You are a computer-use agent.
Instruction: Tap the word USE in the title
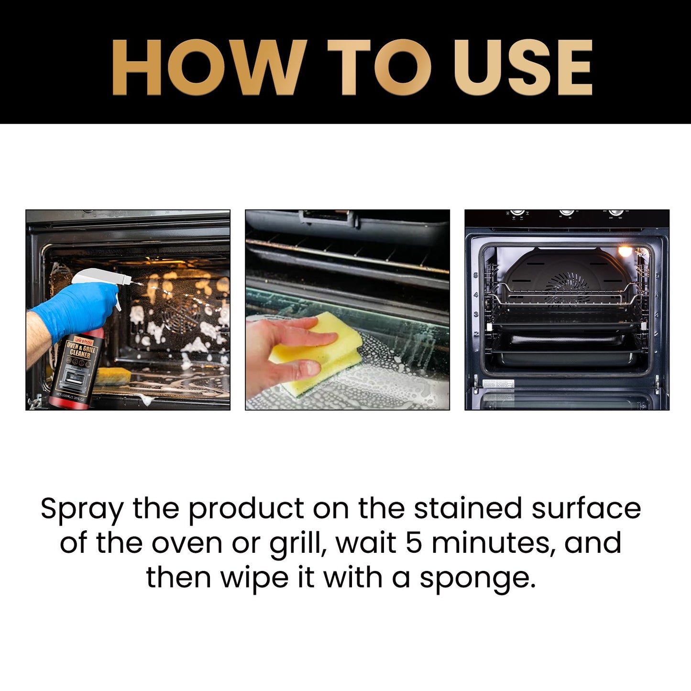523,67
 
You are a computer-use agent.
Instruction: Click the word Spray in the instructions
82,509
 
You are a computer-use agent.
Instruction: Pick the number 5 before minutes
414,543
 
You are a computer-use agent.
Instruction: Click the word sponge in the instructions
477,579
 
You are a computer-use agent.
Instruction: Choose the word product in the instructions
246,509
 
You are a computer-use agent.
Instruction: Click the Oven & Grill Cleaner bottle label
79,363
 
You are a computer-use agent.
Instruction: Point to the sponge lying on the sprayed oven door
113,375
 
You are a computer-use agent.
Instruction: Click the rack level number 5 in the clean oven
476,276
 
